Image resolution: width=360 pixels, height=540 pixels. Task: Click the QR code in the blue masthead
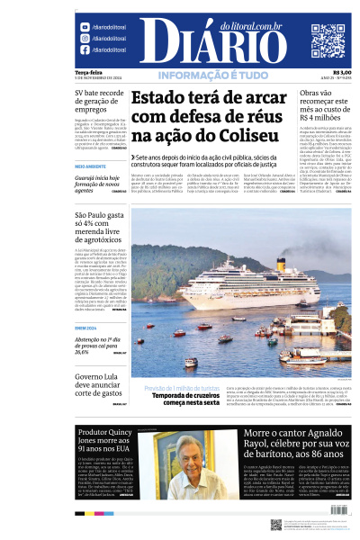[x=328, y=40]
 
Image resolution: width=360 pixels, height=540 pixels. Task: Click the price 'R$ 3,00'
[x=342, y=73]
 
